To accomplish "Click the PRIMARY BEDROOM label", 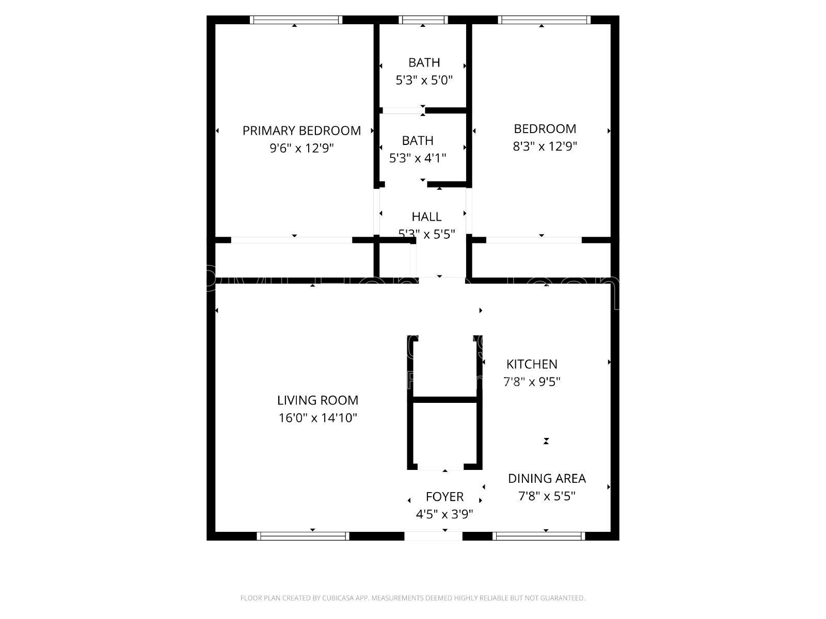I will pos(301,131).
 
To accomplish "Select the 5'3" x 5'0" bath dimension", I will pos(424,80).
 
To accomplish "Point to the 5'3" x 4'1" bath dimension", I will pos(418,158).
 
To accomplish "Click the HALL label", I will pos(426,217).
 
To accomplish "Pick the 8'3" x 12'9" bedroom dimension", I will pos(545,146).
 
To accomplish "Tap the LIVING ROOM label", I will pos(317,400).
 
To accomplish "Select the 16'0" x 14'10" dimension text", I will pos(317,418).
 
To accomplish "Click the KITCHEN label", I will pos(532,364).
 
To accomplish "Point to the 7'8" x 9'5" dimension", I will pos(532,382).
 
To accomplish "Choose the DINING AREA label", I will pos(547,479).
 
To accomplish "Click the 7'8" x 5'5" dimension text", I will pos(547,496).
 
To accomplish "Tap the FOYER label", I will pos(444,497).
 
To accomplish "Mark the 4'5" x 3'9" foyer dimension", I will pos(444,514).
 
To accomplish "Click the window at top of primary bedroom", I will pos(296,20).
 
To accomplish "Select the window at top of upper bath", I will pos(423,20).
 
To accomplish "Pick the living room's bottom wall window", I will pos(303,536).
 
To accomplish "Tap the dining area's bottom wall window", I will pos(538,536).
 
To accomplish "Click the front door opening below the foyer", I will pos(433,536).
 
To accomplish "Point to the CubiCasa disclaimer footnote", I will pos(412,598).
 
